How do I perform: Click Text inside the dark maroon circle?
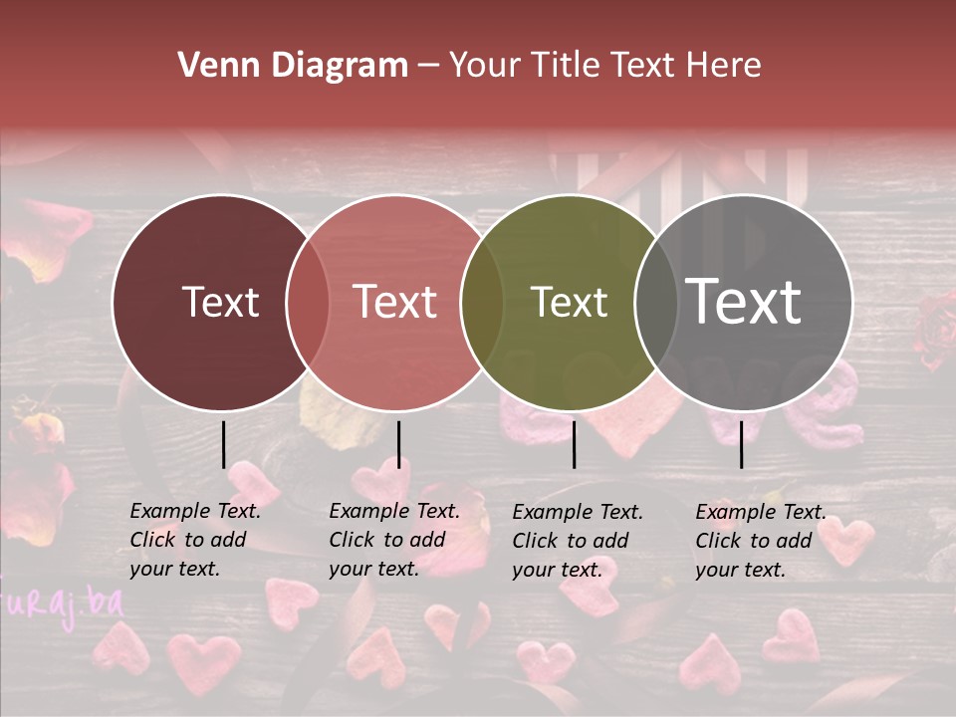(220, 302)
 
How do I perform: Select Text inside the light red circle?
(395, 302)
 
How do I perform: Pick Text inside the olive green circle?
(569, 302)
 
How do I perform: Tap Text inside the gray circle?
(744, 302)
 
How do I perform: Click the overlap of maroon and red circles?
(308, 302)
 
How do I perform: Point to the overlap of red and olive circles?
(482, 302)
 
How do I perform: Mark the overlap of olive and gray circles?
(655, 302)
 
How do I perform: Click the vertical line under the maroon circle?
(224, 444)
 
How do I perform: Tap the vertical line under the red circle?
(398, 444)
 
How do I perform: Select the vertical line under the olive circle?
(574, 444)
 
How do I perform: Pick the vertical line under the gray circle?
(741, 444)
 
